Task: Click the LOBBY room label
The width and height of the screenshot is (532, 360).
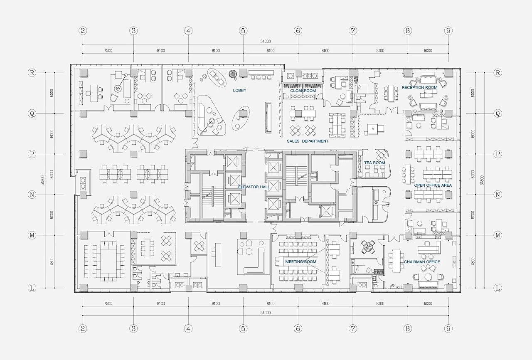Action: (239, 91)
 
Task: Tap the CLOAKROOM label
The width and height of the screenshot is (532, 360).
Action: (303, 91)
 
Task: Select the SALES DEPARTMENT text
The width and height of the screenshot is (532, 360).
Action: (308, 141)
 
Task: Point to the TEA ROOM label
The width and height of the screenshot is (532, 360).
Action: (374, 163)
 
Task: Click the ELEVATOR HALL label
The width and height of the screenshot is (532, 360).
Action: (254, 187)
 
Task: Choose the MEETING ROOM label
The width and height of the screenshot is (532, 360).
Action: (300, 262)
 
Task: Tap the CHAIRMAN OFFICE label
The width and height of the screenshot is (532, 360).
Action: (422, 262)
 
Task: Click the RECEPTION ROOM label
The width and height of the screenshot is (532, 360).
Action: (419, 88)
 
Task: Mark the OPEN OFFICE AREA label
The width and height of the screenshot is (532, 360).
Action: (433, 185)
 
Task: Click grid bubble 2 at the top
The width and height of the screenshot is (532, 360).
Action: (83, 31)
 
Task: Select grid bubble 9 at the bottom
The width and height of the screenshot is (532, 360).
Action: (448, 329)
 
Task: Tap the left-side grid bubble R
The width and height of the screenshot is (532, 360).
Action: (32, 73)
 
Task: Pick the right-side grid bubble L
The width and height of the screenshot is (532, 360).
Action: (498, 288)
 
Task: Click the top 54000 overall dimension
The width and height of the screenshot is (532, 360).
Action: (266, 42)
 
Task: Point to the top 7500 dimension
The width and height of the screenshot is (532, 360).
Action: (108, 51)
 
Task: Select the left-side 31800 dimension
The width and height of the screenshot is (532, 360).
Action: (42, 180)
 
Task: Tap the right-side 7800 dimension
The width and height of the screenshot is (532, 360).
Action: (473, 261)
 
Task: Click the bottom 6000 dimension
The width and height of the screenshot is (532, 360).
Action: (428, 303)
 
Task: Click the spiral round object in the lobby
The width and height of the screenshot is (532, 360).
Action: (233, 74)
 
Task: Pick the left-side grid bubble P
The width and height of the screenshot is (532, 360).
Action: (32, 154)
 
